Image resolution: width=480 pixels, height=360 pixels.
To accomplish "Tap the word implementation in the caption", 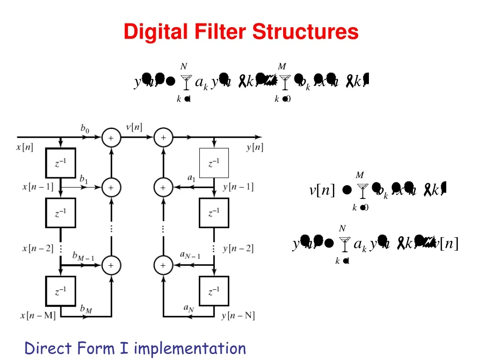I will tap(189, 348).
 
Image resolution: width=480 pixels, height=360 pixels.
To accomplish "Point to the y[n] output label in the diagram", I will tap(255, 148).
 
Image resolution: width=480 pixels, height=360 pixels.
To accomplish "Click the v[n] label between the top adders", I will tap(135, 127).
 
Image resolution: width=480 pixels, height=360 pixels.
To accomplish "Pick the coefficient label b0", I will tap(84, 128).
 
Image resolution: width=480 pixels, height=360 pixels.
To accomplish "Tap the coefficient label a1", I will tap(191, 178).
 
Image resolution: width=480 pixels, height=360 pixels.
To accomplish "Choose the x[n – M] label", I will tap(37, 315).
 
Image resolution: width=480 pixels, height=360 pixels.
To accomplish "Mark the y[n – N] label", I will tap(238, 315).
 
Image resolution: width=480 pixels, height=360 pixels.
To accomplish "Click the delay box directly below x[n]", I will tap(60, 163).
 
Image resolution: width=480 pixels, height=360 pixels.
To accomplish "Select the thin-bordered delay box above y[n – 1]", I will tap(214, 163).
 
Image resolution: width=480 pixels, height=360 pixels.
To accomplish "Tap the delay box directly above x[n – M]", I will tap(60, 291).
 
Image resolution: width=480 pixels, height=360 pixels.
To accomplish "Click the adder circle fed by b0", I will tap(111, 138).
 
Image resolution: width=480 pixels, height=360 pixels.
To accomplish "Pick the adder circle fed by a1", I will tap(163, 187).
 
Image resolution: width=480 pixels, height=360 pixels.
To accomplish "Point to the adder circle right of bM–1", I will tap(111, 265).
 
